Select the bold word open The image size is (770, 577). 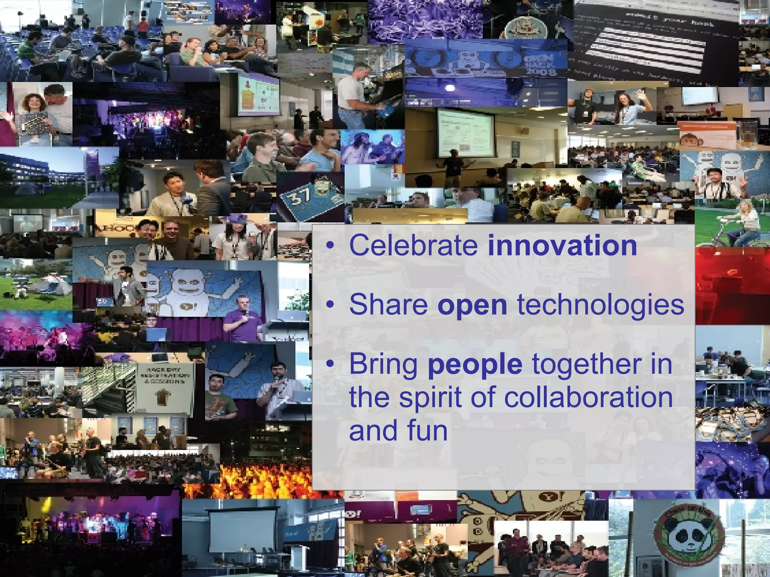coord(472,305)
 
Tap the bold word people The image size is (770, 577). coord(475,364)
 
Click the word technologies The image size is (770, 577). coord(600,305)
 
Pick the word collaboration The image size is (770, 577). coord(588,397)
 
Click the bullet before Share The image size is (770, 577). coord(330,305)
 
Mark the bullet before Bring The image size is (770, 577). coord(330,364)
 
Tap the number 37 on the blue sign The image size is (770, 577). coord(300,196)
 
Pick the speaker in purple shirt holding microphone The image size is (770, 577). coord(241,319)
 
